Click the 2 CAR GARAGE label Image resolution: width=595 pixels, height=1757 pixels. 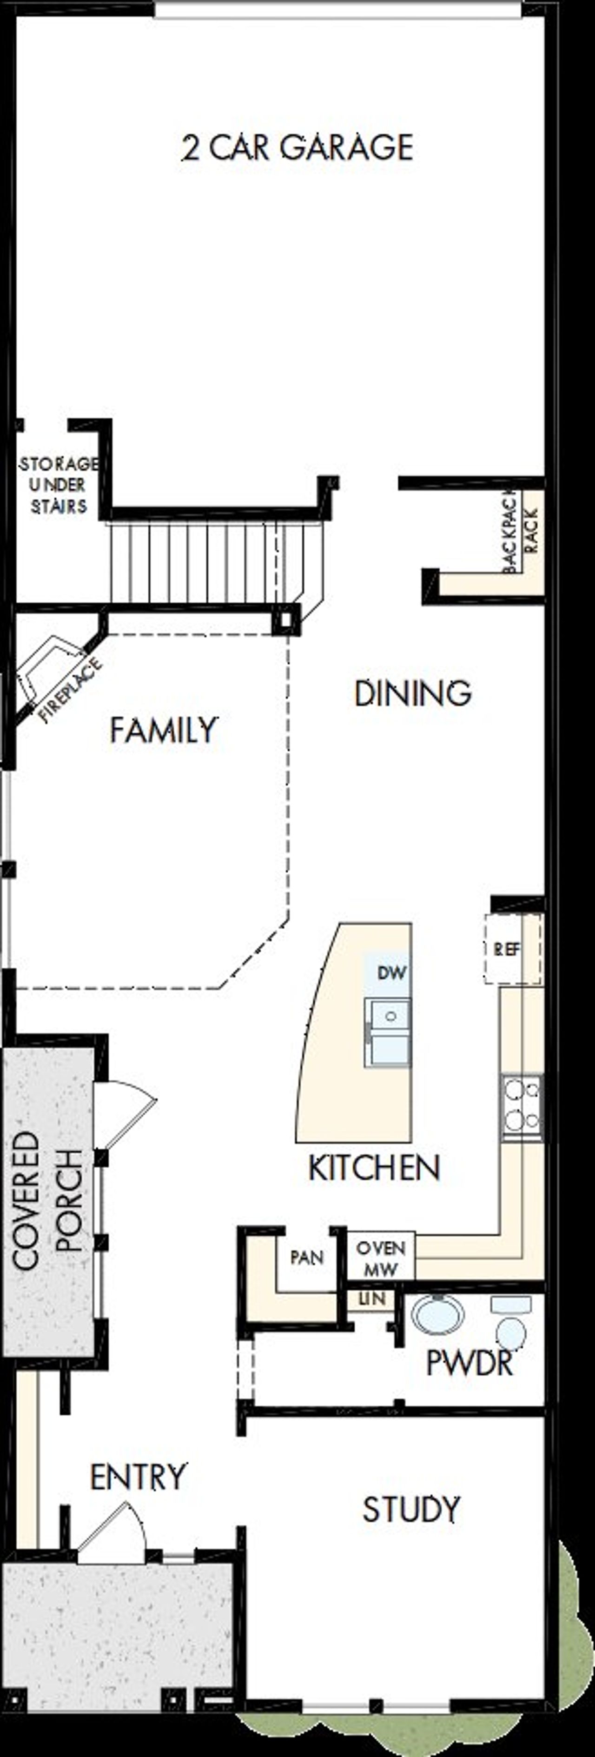point(297,147)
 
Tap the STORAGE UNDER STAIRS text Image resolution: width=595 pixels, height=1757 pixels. point(59,485)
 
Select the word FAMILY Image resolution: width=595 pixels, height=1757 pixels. point(164,731)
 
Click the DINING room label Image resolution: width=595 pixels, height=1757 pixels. point(412,694)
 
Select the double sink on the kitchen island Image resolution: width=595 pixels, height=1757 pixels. point(387,1032)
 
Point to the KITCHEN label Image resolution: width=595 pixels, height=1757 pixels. point(374,1168)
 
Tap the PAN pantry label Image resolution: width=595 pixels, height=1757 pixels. point(307,1257)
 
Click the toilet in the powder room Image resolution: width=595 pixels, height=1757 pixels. point(510,1323)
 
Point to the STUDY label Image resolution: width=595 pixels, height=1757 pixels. point(411,1510)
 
